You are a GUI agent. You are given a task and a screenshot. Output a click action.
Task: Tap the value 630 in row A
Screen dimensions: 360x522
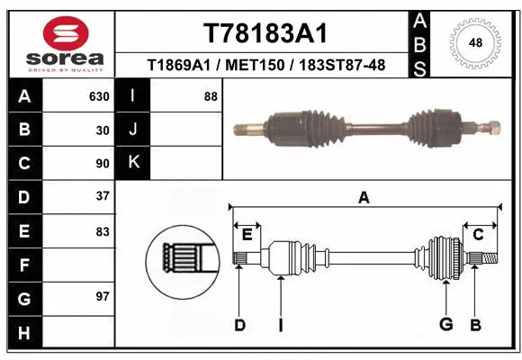tap(99, 96)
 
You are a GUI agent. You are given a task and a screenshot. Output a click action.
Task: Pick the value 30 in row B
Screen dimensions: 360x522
tap(103, 130)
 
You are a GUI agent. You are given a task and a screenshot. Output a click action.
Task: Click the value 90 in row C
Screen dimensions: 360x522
tap(103, 164)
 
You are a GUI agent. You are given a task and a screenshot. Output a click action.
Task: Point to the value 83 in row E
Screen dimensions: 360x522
tap(103, 231)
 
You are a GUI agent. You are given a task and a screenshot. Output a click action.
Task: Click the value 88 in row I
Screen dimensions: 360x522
tap(211, 96)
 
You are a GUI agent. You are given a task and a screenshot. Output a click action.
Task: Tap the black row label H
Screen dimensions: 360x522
tap(23, 332)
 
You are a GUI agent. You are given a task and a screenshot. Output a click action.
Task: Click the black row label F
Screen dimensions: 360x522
tap(23, 265)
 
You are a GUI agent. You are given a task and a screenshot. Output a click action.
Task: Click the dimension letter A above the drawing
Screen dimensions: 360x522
tap(364, 198)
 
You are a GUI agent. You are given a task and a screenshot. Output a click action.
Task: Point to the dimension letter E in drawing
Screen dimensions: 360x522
tap(247, 234)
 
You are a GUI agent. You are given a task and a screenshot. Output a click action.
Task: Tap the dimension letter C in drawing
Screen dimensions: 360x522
tap(478, 234)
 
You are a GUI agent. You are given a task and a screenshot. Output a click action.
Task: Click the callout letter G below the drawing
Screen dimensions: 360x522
tap(445, 325)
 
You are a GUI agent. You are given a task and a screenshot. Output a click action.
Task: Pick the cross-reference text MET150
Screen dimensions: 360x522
tap(265, 65)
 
